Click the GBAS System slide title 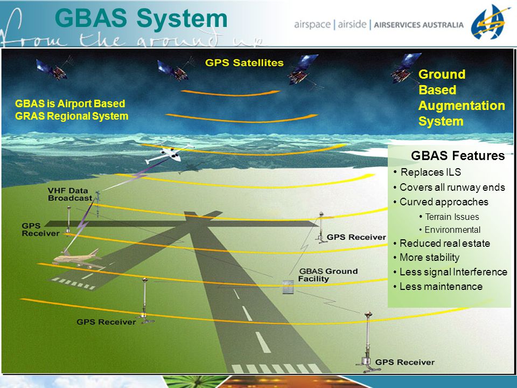(141, 18)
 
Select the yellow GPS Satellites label (244, 63)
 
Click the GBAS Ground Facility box (288, 287)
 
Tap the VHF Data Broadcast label (70, 195)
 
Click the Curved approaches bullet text (444, 202)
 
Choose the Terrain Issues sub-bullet (452, 217)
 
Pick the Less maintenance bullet (441, 286)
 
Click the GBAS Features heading (458, 156)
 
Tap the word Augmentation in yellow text (462, 106)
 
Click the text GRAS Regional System (72, 116)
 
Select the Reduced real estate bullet (445, 244)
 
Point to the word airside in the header (352, 24)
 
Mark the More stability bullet (429, 258)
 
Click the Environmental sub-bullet (452, 230)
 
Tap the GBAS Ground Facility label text (328, 275)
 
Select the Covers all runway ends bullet (452, 188)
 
